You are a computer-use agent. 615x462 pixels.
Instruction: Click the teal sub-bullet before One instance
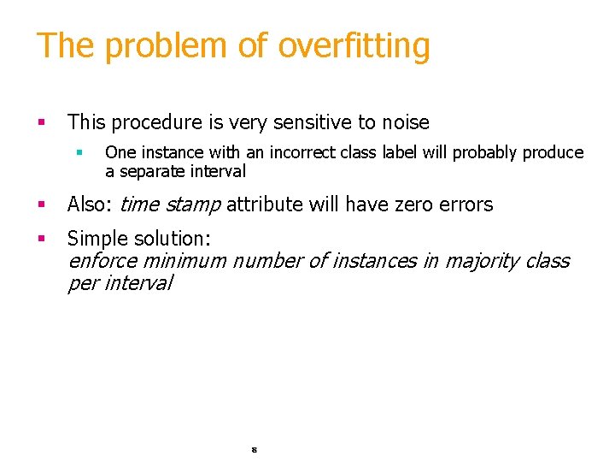78,152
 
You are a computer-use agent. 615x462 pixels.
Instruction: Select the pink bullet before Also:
40,204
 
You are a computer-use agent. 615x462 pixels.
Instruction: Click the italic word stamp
193,204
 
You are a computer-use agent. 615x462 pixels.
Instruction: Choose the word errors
462,204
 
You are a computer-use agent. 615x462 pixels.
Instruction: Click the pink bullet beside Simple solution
40,238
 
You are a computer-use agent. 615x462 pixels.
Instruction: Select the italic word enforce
102,261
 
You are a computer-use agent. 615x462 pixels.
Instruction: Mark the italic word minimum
184,261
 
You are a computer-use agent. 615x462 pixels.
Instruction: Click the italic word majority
481,261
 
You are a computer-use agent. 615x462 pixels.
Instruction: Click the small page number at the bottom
255,448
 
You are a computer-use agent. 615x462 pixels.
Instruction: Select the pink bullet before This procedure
40,122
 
